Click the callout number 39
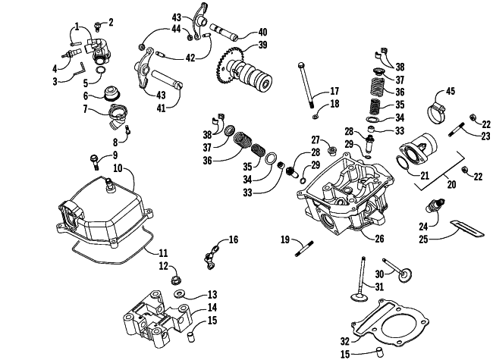262,45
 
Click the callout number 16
234,239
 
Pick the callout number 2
110,21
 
